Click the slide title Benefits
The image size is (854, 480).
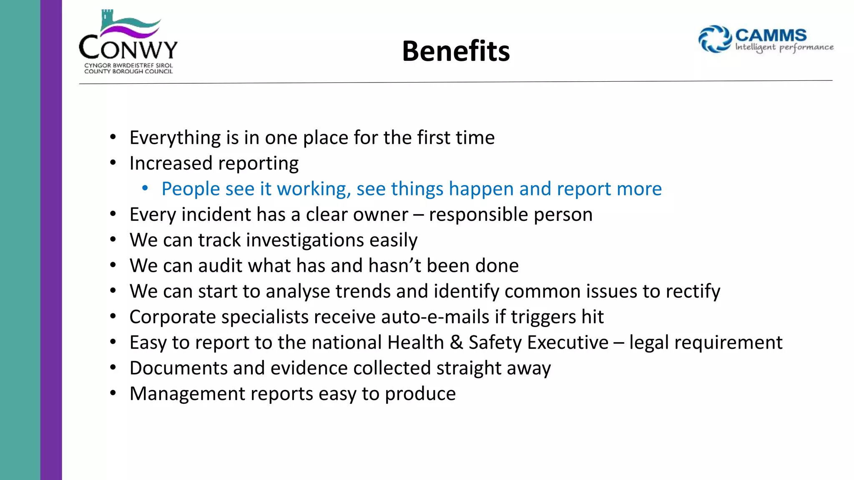click(x=456, y=51)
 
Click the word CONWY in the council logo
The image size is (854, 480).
click(x=128, y=48)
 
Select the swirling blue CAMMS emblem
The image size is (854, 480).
click(x=715, y=39)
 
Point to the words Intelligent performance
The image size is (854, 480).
click(x=784, y=47)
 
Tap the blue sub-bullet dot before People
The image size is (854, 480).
click(x=145, y=189)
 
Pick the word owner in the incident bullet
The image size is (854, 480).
click(x=380, y=215)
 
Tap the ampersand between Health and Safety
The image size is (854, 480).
click(x=456, y=342)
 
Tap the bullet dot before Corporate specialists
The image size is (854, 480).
click(x=113, y=317)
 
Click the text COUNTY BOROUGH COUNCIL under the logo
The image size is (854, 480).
click(x=128, y=72)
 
